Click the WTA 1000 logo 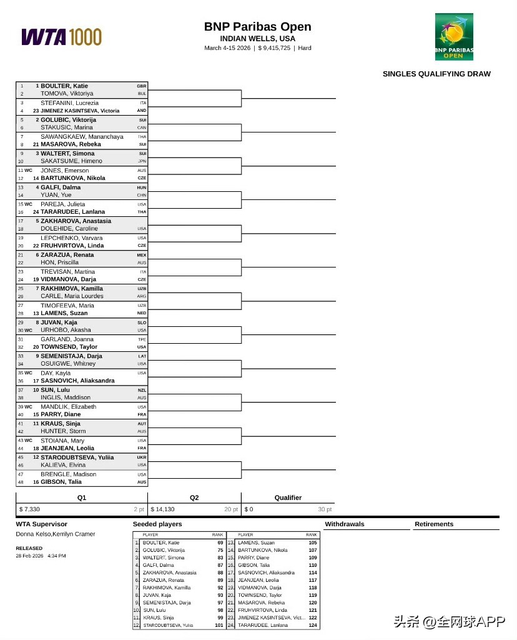61,37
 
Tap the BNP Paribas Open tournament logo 454,36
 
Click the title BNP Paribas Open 257,27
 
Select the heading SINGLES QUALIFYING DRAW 436,74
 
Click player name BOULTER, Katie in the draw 64,86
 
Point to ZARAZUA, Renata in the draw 67,255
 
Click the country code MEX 142,255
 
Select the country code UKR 142,457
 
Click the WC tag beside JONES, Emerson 28,171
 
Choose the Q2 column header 194,498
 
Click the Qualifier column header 288,498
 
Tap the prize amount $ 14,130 163,509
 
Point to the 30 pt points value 325,509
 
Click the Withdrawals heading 345,524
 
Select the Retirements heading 434,524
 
